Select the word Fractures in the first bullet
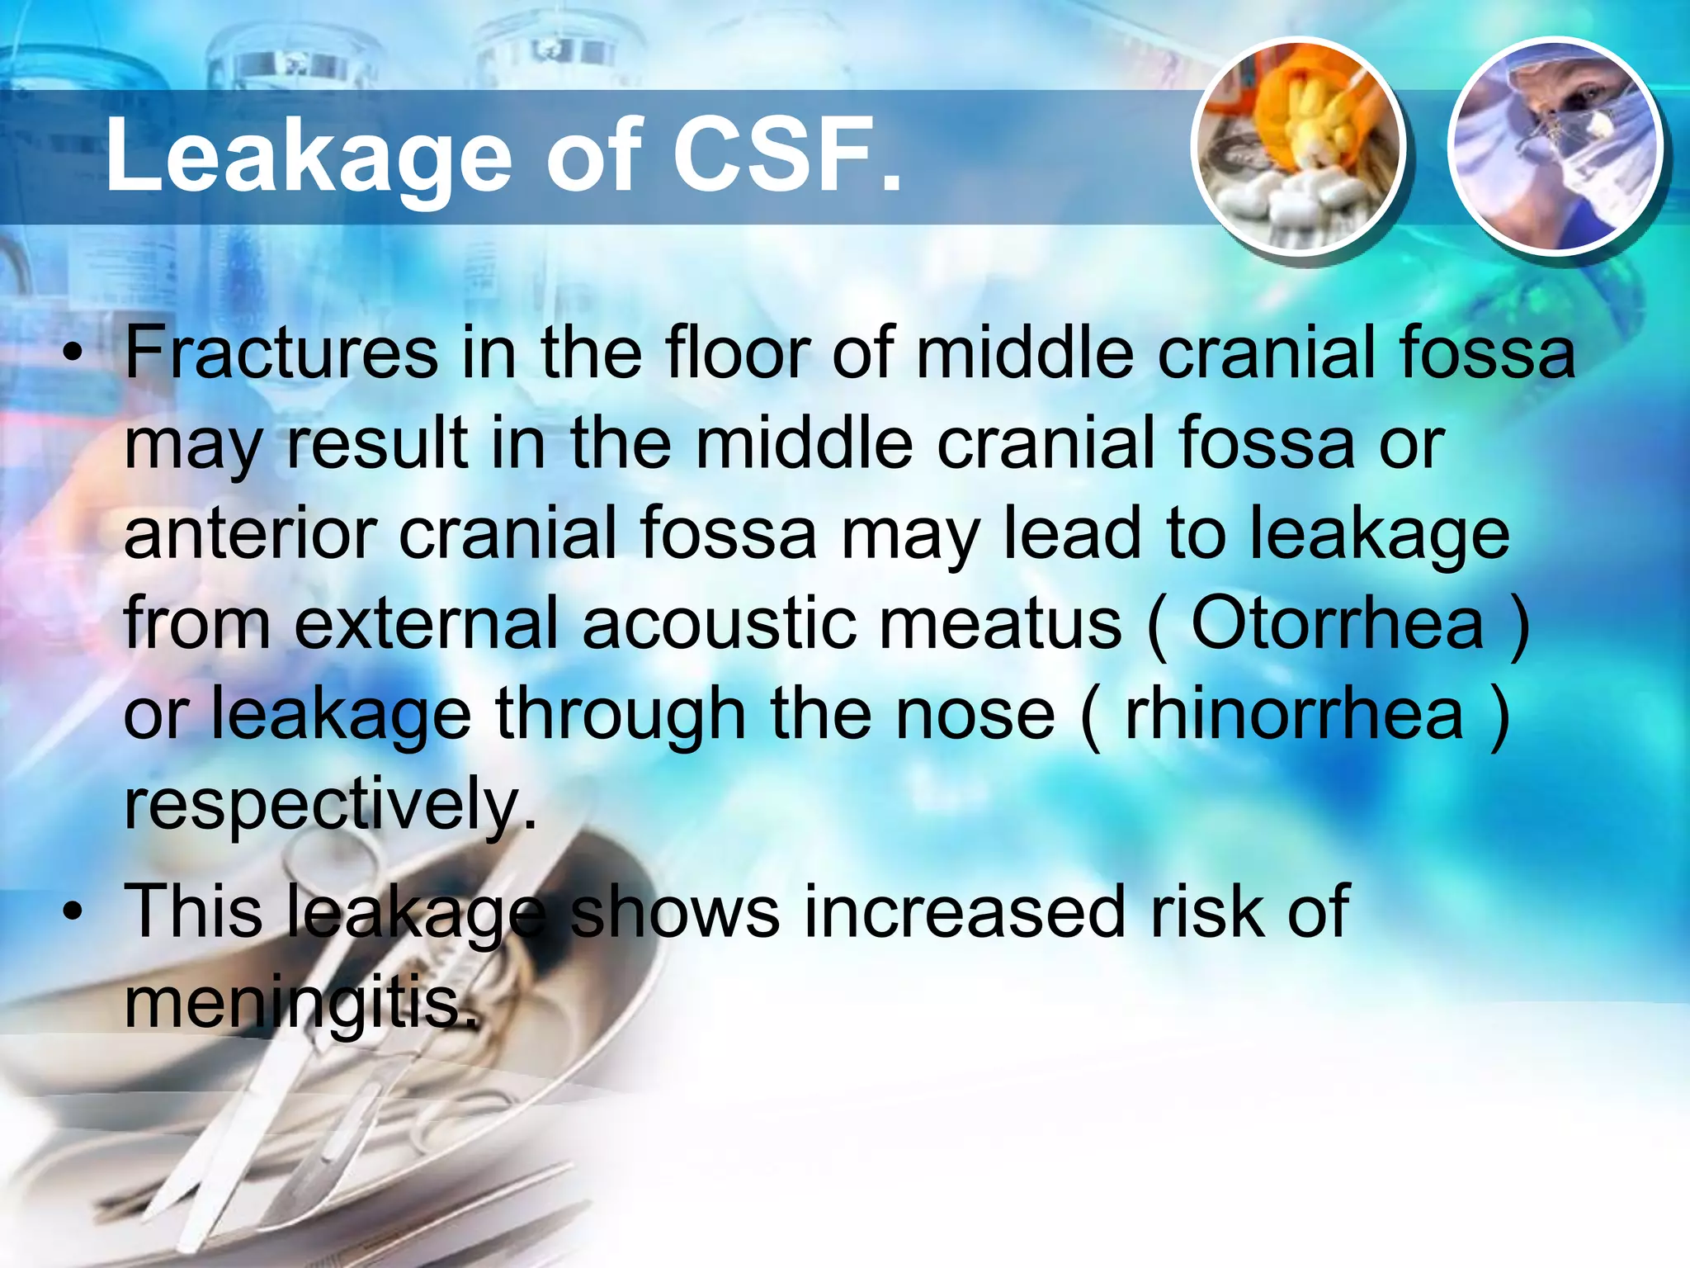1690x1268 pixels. click(x=281, y=353)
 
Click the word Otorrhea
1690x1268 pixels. click(x=1337, y=624)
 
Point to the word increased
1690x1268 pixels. click(x=965, y=912)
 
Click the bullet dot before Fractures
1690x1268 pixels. click(x=73, y=356)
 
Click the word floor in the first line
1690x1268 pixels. click(x=738, y=353)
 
